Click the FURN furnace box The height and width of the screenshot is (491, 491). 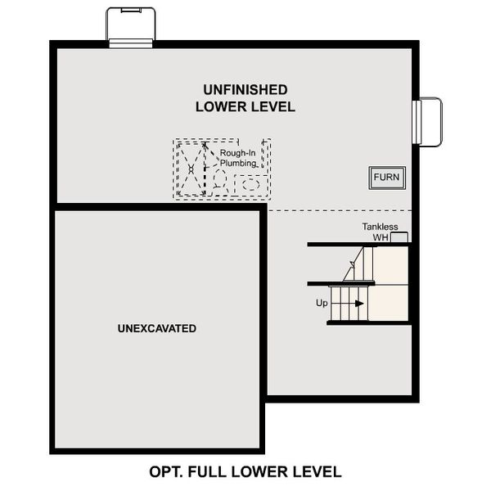pos(385,178)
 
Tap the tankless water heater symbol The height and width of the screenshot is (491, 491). pos(399,237)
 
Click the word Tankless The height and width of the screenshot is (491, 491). pos(380,227)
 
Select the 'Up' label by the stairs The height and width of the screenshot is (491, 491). pos(322,303)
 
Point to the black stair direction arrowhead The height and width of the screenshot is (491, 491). pos(359,303)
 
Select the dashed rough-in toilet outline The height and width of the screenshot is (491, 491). pos(220,182)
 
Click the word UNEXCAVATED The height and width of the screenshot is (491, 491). pos(156,328)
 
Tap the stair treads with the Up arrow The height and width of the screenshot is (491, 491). pos(347,303)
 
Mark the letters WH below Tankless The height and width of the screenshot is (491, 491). pos(380,237)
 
